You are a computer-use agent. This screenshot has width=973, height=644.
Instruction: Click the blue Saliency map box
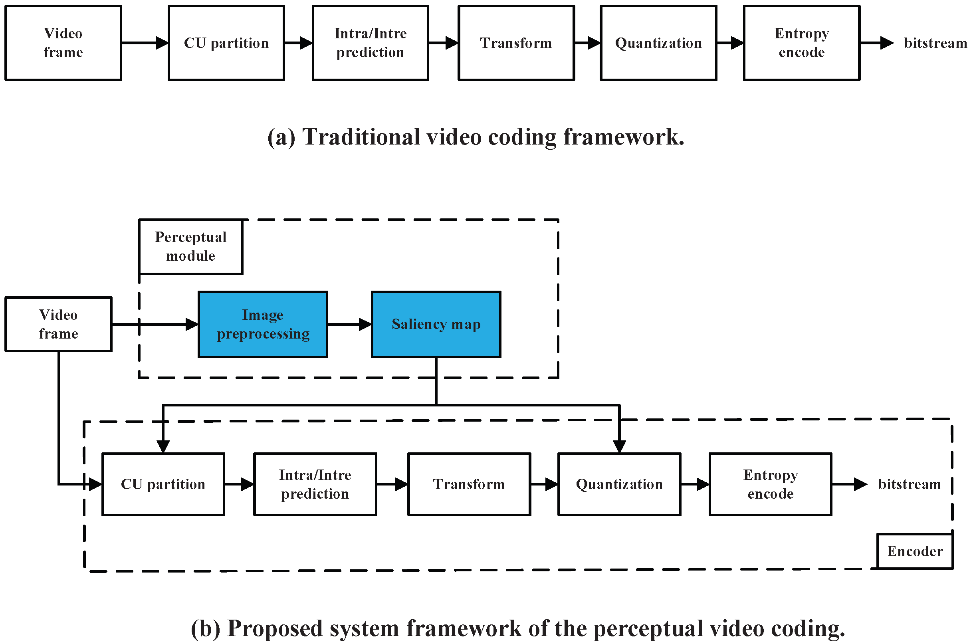coord(436,325)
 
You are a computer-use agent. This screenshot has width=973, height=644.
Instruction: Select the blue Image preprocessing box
coord(263,325)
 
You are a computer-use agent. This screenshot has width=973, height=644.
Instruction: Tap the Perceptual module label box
coord(190,247)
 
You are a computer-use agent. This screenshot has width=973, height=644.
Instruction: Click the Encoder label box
coord(914,551)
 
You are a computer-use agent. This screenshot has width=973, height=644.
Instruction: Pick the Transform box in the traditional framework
coord(516,43)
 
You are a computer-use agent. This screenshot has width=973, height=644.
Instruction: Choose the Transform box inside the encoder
coord(469,484)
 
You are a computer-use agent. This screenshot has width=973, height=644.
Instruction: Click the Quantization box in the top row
coord(658,43)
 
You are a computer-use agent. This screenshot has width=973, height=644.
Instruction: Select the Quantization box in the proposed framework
coord(619,484)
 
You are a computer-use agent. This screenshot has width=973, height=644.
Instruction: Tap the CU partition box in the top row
coord(226,43)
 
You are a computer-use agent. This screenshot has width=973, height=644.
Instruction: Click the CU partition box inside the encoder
coord(163,484)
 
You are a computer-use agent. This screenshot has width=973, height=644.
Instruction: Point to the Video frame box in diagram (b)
coord(58,325)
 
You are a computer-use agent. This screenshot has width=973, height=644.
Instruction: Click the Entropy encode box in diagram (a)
coord(801,43)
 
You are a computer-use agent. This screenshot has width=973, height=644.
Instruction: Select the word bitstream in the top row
coord(935,43)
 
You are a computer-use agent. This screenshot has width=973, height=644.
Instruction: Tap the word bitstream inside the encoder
coord(910,484)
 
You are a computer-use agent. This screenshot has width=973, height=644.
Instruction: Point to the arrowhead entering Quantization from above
coord(619,447)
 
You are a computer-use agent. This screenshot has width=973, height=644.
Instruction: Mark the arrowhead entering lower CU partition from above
coord(163,447)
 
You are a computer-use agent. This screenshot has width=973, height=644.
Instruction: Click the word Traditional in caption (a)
coord(361,137)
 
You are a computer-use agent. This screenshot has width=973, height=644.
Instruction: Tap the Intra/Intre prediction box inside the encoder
coord(315,484)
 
